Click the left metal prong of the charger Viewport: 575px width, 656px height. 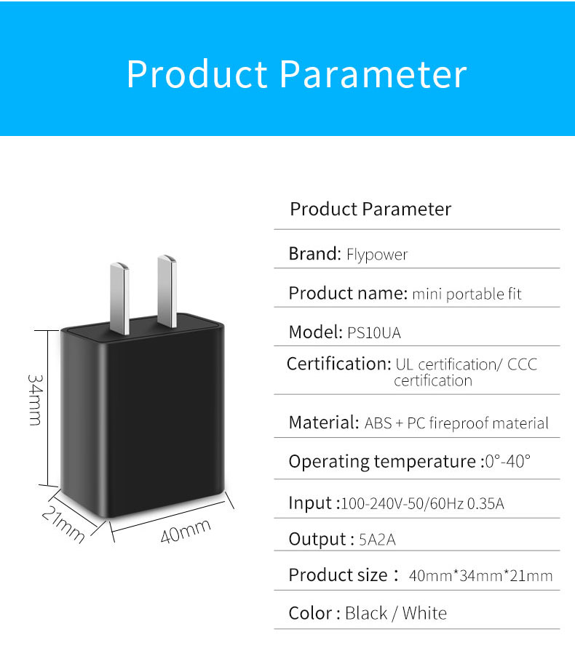[120, 298]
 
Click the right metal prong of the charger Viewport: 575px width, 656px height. [167, 291]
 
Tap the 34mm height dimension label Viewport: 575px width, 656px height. [35, 400]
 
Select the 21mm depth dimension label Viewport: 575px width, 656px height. [63, 524]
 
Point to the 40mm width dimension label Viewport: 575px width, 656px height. [186, 532]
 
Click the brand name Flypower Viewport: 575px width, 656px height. [377, 255]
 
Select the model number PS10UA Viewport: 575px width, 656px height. [374, 333]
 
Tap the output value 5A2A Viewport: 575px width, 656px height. [377, 540]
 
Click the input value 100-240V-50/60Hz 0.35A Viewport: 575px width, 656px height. [423, 503]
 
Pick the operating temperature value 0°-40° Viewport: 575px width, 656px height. [507, 462]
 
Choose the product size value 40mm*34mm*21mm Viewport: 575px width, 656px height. [481, 576]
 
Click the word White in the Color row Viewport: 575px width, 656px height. [424, 613]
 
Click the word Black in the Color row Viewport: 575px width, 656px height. [366, 613]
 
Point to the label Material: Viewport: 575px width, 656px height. [324, 423]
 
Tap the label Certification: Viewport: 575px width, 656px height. [339, 364]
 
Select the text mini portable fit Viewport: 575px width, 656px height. [467, 294]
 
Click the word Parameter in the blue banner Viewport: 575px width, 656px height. [373, 74]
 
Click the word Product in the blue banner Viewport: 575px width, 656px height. [197, 73]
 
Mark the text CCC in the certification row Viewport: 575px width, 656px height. [522, 364]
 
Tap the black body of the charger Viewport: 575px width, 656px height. [143, 418]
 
